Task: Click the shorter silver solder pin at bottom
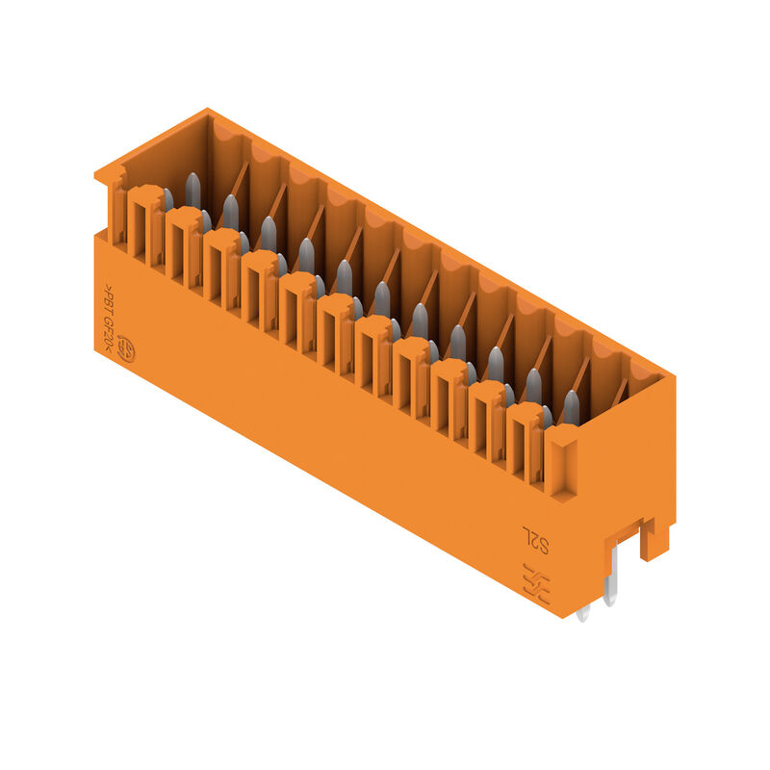click(x=584, y=606)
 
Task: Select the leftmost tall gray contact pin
click(x=192, y=191)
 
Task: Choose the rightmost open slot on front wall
click(x=524, y=440)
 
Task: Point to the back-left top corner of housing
click(x=207, y=112)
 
